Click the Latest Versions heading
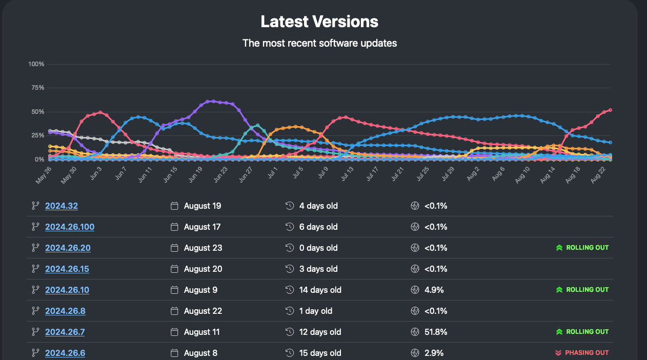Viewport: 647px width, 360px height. click(x=319, y=22)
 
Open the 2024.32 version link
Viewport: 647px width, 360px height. click(x=62, y=206)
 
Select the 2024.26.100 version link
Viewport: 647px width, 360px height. click(x=70, y=227)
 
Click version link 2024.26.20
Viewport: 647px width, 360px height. click(x=68, y=248)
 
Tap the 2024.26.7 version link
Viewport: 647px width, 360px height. click(x=65, y=332)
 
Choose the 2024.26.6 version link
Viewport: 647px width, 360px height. click(x=65, y=353)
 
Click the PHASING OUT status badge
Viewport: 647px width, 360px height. click(x=582, y=353)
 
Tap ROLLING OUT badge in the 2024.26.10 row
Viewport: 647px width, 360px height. click(x=582, y=290)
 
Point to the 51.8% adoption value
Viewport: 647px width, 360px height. click(x=436, y=332)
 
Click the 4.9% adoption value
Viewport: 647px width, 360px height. click(x=434, y=290)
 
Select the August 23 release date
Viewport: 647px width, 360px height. click(x=203, y=248)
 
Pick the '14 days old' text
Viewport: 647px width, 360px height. click(x=320, y=290)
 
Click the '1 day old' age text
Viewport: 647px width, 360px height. click(x=316, y=311)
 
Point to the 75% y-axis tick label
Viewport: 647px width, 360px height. click(x=38, y=88)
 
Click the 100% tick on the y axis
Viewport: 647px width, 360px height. click(x=36, y=64)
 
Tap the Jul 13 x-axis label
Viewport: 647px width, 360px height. click(x=347, y=174)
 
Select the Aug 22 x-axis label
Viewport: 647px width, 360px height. click(x=598, y=175)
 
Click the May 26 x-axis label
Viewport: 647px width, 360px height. click(x=44, y=175)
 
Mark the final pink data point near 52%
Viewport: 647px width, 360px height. click(x=610, y=110)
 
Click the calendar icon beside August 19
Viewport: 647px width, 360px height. click(x=174, y=206)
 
